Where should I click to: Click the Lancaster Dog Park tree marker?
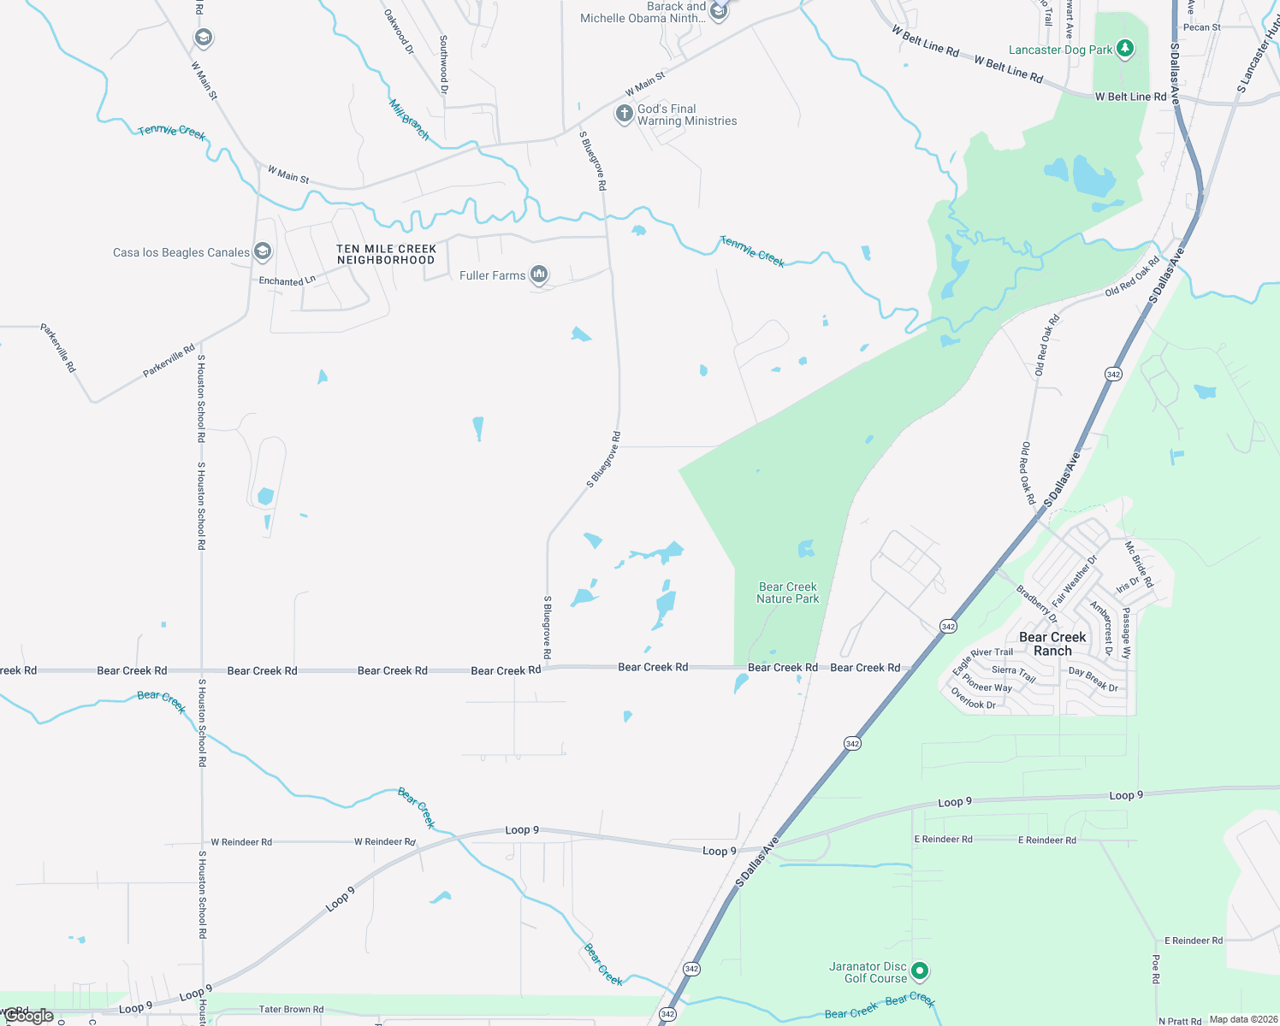pos(1125,49)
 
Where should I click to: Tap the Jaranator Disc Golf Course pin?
pos(920,970)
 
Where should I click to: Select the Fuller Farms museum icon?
pos(539,274)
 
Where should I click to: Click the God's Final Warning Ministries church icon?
pos(624,113)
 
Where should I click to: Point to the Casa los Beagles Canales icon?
pos(263,251)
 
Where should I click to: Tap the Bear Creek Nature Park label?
pos(788,593)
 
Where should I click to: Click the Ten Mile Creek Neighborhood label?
pos(387,254)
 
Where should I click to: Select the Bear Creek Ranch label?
pos(1052,644)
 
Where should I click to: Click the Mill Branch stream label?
pos(409,119)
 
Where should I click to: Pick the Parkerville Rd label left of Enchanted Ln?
pos(169,361)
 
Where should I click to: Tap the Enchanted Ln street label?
pos(287,280)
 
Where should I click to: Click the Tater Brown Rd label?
pos(291,1009)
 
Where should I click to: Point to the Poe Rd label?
pos(1156,969)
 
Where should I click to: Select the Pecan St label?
pos(1202,27)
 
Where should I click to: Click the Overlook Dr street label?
pos(974,699)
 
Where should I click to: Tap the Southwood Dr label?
pos(443,64)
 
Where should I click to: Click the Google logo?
pos(29,1016)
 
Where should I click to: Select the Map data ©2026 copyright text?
pos(1243,1019)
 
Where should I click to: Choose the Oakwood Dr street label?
pos(399,32)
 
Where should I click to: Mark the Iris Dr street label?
pos(1128,584)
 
